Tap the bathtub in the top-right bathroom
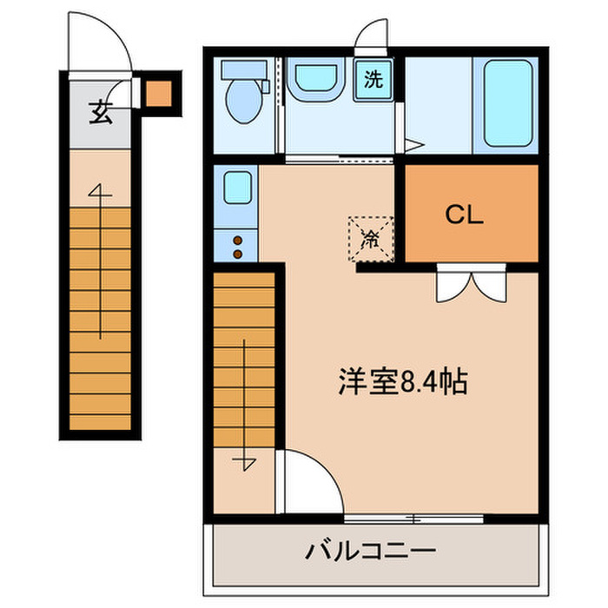[507, 102]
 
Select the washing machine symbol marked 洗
[373, 80]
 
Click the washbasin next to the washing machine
[314, 82]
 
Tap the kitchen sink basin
[236, 188]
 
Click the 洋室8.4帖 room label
[402, 381]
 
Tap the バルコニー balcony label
[369, 550]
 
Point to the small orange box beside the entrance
[158, 93]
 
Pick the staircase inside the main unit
[244, 365]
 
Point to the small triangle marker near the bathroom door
[416, 145]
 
